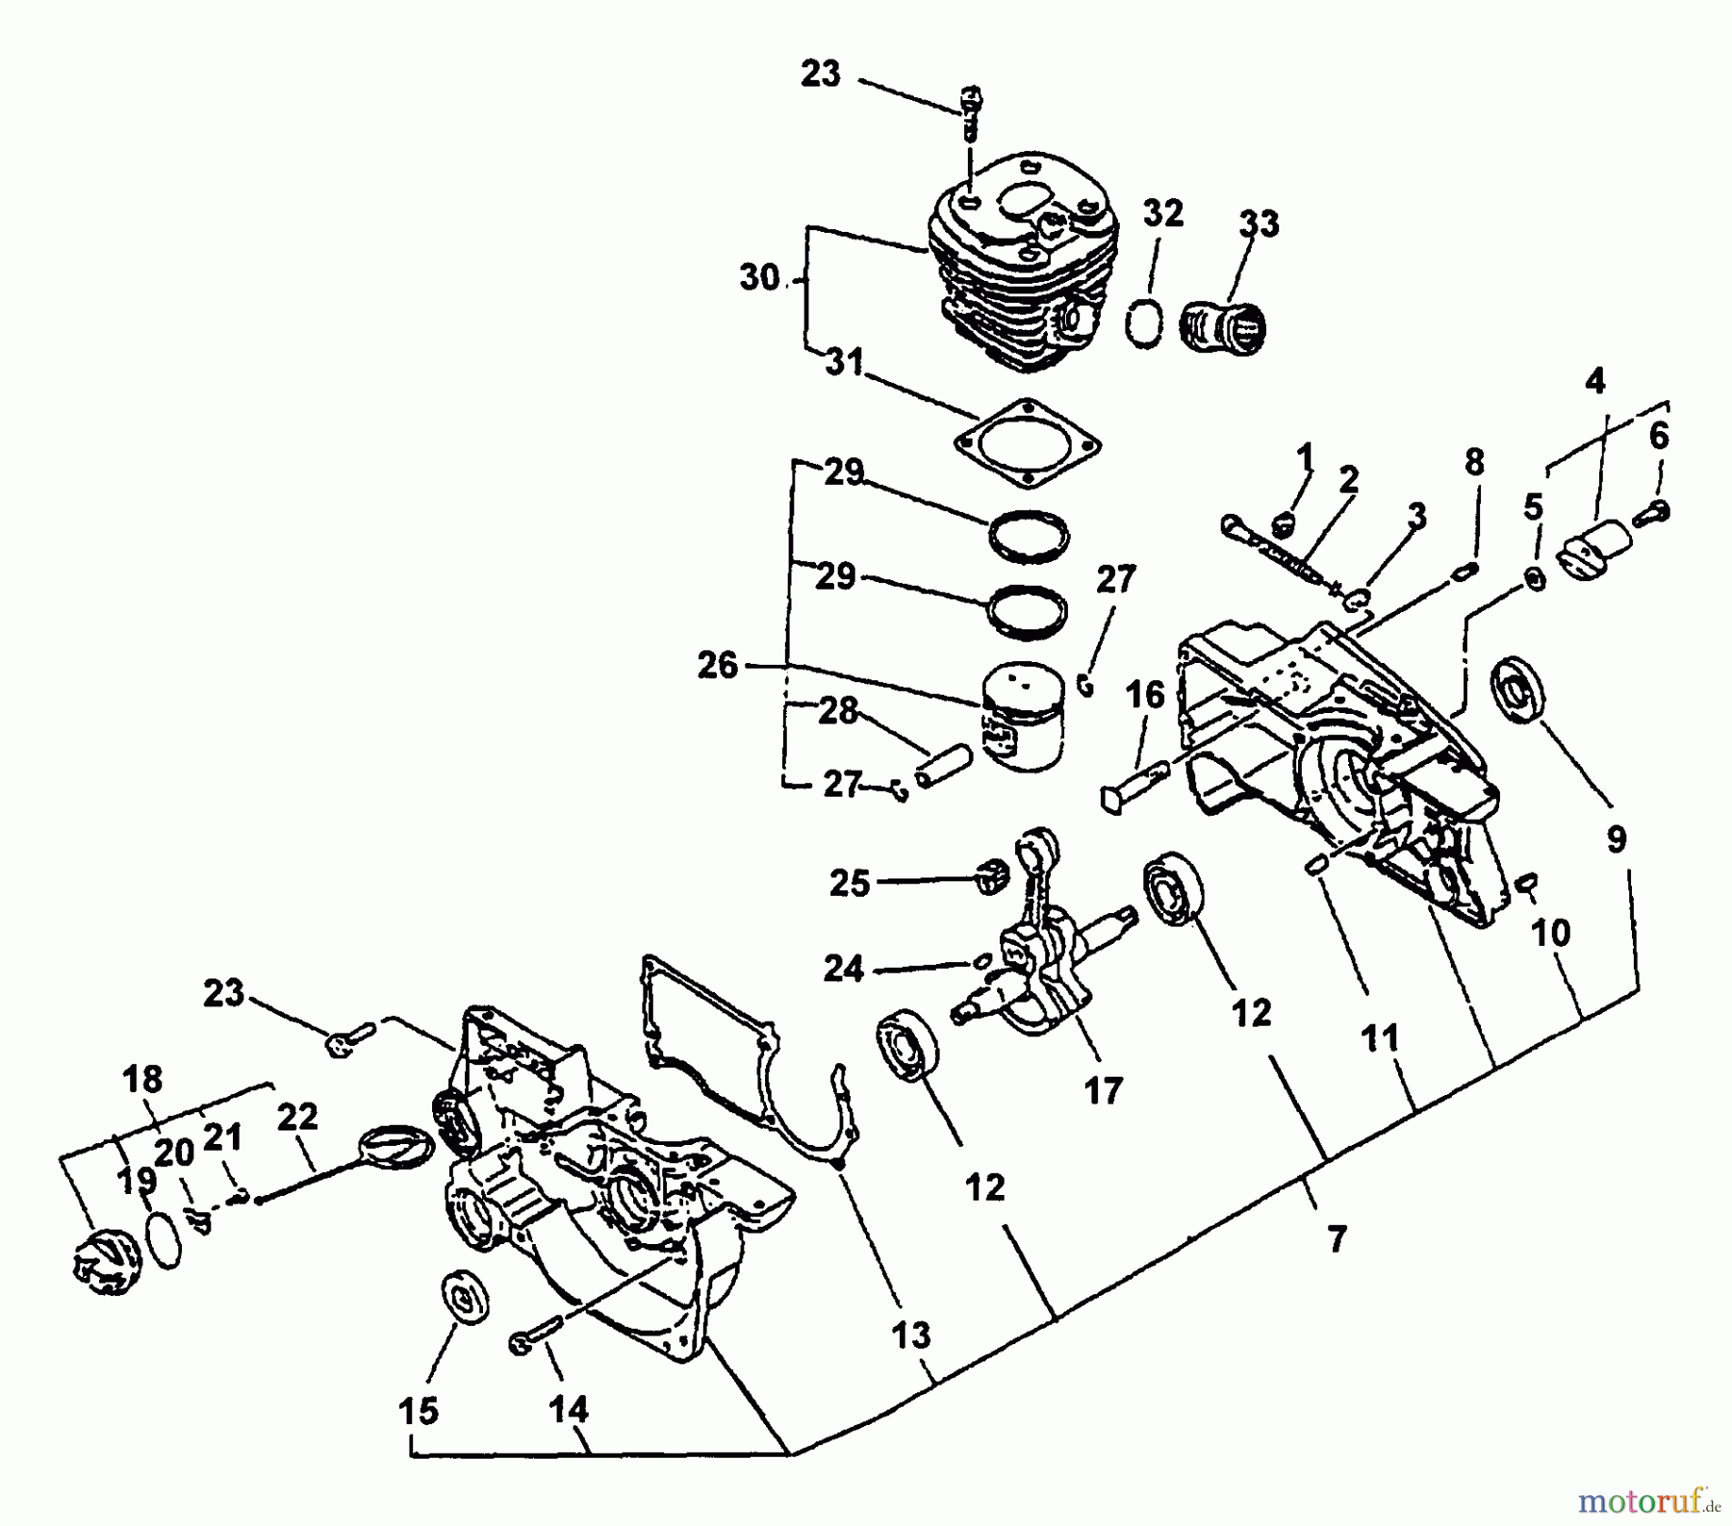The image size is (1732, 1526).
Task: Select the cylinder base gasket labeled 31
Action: pos(1028,443)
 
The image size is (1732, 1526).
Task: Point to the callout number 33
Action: pos(1259,223)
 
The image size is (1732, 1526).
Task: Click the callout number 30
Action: pos(759,278)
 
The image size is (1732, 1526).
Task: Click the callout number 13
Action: pos(909,1335)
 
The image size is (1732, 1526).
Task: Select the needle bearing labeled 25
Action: pos(989,877)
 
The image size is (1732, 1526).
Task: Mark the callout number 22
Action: pos(297,1116)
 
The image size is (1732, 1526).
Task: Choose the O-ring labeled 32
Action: pos(1144,322)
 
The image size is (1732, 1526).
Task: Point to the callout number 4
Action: pos(1594,381)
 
